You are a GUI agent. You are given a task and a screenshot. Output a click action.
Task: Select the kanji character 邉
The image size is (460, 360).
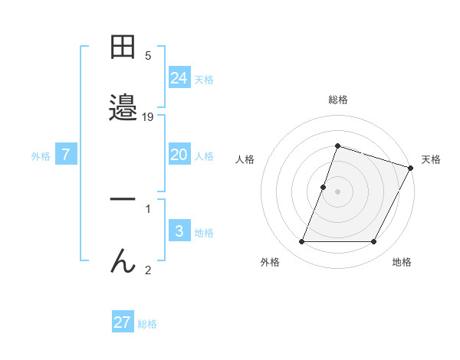[123, 109]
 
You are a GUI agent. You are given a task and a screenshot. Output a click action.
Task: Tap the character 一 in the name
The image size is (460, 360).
[123, 198]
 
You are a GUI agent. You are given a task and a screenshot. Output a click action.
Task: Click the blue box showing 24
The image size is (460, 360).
[179, 78]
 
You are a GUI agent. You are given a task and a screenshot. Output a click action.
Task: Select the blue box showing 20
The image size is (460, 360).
[179, 155]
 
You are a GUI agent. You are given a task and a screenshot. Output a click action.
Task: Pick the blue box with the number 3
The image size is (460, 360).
[179, 231]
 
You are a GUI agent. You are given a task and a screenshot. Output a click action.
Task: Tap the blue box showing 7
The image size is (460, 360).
[66, 155]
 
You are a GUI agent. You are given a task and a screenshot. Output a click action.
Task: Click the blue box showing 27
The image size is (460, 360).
[123, 322]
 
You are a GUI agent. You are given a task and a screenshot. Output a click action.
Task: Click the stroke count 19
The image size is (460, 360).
[148, 117]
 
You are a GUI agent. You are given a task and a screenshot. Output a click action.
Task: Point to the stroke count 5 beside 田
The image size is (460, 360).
[148, 56]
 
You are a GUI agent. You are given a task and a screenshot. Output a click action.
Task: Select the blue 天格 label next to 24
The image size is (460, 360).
[204, 80]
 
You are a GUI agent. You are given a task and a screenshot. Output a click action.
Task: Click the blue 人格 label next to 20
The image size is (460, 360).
[204, 156]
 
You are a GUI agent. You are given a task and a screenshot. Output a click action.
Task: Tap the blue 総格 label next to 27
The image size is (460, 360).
[147, 324]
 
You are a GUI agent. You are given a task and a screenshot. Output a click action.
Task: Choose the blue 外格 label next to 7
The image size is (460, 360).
[41, 156]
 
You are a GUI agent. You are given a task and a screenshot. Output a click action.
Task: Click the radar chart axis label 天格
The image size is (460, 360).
[431, 159]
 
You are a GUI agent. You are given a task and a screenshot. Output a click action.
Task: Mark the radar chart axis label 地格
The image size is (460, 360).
[402, 262]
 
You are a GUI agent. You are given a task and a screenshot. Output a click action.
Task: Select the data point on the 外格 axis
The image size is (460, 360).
[301, 242]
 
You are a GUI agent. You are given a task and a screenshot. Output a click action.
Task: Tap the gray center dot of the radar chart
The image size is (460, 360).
[338, 191]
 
